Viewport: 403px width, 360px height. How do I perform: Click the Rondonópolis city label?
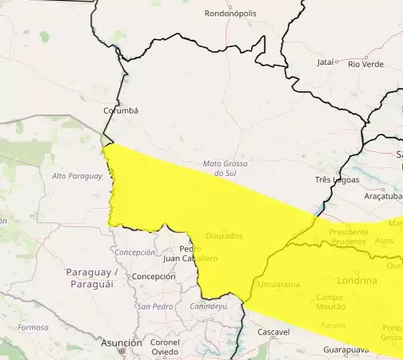click(x=231, y=14)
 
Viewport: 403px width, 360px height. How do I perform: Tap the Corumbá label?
click(x=121, y=110)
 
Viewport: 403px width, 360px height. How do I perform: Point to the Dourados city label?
click(x=224, y=235)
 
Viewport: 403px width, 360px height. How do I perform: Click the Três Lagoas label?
click(x=337, y=180)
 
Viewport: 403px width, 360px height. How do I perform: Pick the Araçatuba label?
click(x=382, y=195)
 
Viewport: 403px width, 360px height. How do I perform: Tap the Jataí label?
click(x=326, y=62)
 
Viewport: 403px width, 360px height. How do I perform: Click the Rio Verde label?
click(x=365, y=63)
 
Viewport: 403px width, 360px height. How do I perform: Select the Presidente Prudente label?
click(x=349, y=237)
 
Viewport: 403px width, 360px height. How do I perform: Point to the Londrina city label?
click(x=357, y=281)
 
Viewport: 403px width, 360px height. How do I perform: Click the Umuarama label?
click(x=279, y=284)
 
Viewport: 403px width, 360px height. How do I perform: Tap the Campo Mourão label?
click(x=320, y=302)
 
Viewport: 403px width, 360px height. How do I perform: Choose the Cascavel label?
click(x=273, y=331)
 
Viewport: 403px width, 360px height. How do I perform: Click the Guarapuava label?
click(x=346, y=350)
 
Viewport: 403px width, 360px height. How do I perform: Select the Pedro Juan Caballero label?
click(x=190, y=254)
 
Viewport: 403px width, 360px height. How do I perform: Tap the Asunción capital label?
click(x=122, y=342)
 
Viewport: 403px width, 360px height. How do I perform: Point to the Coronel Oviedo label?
click(x=164, y=347)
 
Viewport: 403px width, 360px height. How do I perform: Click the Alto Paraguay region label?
click(x=77, y=176)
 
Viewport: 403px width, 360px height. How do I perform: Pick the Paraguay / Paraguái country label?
click(x=94, y=278)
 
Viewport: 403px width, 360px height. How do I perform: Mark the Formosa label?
click(x=33, y=327)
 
